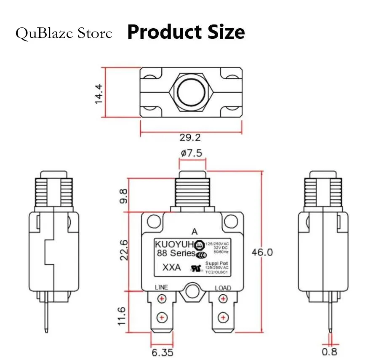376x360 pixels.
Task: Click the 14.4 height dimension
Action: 98,94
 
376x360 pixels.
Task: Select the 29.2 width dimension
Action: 190,138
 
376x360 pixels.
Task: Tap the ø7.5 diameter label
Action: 192,153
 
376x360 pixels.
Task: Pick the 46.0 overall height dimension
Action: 262,253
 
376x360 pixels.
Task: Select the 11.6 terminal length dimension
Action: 122,316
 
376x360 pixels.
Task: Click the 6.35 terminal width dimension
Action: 162,352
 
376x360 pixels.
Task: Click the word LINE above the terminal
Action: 161,287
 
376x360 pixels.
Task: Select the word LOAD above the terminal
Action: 223,288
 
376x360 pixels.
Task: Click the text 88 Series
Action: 176,253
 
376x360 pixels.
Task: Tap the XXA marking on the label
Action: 171,268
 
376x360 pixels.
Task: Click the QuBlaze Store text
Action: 64,33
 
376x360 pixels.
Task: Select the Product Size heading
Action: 186,32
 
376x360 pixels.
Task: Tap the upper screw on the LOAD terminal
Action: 222,299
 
